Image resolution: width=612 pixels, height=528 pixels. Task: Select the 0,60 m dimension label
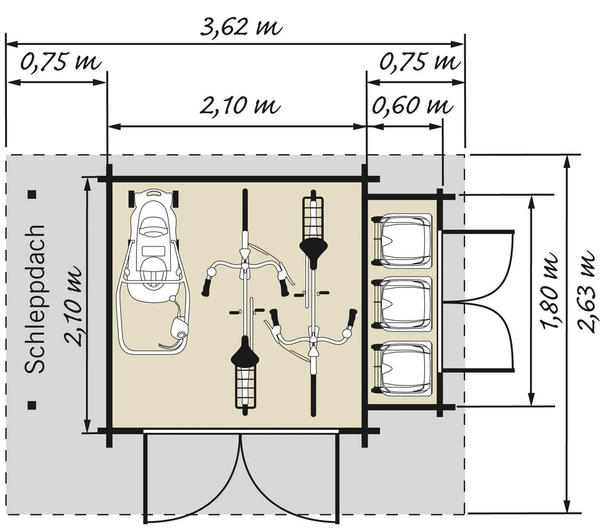tap(412, 105)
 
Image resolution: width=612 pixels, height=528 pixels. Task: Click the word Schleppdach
tap(35, 299)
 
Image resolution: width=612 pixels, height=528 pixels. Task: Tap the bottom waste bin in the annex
tap(402, 369)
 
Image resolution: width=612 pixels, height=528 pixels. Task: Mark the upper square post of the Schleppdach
tap(32, 194)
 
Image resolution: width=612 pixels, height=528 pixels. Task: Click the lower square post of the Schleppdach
tap(32, 405)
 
